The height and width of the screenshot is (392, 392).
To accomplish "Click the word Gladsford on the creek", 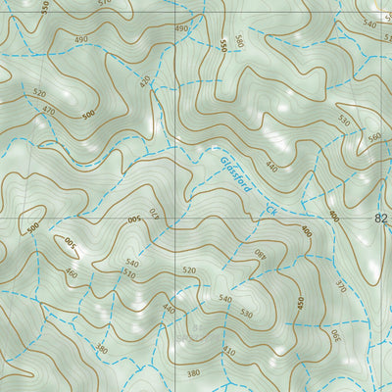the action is [x=240, y=174].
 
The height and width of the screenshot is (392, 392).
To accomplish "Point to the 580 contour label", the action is [x=238, y=40].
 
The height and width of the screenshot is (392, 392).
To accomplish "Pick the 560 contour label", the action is [x=375, y=137].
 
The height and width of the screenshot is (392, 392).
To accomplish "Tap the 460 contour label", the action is [x=72, y=272].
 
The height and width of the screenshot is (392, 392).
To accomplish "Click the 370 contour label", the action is [x=341, y=287].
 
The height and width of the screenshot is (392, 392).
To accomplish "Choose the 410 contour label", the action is [x=228, y=350].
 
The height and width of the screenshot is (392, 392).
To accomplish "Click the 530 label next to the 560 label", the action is [x=344, y=121].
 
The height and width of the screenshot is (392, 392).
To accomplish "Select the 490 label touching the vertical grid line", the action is [x=180, y=29].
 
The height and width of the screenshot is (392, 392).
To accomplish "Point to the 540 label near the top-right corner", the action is [x=369, y=24].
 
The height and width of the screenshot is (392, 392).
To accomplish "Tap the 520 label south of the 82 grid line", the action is [x=189, y=269].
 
